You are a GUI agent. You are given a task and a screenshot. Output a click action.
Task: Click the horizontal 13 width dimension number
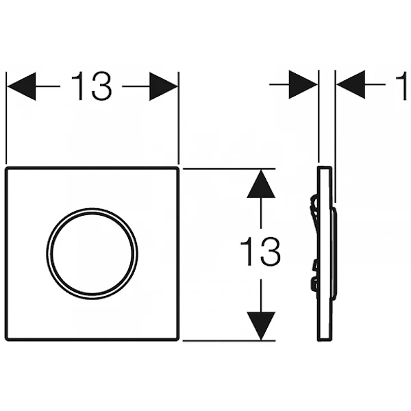[x=91, y=86]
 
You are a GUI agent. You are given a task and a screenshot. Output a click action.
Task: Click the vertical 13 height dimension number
[x=260, y=251]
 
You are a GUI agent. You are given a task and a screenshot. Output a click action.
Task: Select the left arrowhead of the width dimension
[x=21, y=86]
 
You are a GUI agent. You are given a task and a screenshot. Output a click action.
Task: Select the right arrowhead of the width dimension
[x=164, y=86]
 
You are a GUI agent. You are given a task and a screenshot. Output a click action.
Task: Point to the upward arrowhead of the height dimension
[x=261, y=184]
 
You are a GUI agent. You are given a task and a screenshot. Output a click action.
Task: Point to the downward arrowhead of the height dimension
[x=261, y=325]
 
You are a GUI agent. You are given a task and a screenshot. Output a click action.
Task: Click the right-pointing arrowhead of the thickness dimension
[x=303, y=84]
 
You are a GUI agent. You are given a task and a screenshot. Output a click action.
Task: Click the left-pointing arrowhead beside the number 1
[x=351, y=84]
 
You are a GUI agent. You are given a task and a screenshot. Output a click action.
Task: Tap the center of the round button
[x=92, y=253]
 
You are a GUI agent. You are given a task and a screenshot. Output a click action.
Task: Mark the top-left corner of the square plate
[x=6, y=168]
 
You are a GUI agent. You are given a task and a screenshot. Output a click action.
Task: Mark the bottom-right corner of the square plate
[x=178, y=340]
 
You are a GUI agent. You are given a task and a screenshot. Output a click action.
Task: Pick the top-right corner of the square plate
[x=178, y=168]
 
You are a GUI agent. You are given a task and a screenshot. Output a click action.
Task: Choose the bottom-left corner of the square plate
[x=6, y=340]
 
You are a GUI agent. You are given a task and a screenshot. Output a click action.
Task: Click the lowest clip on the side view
[x=314, y=285]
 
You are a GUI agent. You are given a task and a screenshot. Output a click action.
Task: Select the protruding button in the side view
[x=334, y=253]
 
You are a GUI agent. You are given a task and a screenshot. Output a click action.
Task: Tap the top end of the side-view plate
[x=325, y=167]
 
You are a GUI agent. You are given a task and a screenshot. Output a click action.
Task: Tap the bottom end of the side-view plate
[x=325, y=340]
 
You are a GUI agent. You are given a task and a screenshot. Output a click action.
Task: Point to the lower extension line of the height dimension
[x=229, y=340]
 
